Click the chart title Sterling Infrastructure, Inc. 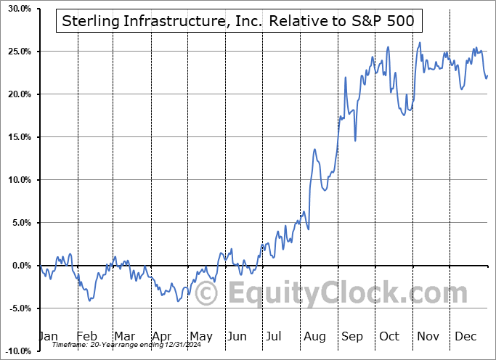coord(238,21)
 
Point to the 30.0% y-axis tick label coord(17,9)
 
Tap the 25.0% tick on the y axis coord(17,52)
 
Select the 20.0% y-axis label coord(17,95)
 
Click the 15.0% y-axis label coord(17,137)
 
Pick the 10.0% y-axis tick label coord(17,180)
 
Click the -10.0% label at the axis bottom coord(16,351)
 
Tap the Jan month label coord(47,337)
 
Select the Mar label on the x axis coord(124,337)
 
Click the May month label coord(200,337)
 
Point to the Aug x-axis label coord(315,337)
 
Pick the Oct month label coord(390,337)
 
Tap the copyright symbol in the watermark coord(207,294)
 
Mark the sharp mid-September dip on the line coord(355,140)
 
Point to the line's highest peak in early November coord(420,42)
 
